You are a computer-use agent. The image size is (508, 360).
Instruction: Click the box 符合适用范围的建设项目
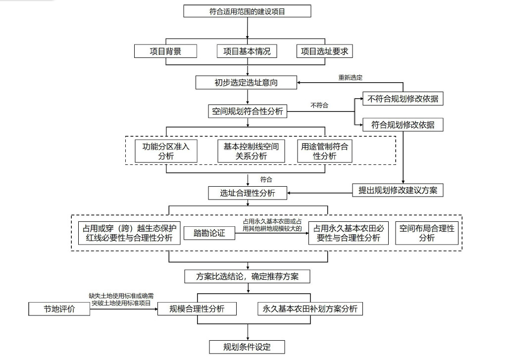point(247,11)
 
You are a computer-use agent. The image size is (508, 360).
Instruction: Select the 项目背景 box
point(165,51)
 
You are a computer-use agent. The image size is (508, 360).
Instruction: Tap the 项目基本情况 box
point(247,51)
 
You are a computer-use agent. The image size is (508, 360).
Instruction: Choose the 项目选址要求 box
point(324,51)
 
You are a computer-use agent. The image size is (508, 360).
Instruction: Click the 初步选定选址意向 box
point(246,83)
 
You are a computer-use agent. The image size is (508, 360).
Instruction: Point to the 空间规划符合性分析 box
point(247,111)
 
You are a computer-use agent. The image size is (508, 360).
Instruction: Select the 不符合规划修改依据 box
point(403,99)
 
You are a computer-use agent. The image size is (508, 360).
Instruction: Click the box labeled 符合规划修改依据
point(403,125)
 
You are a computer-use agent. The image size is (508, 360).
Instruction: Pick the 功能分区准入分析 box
point(166,151)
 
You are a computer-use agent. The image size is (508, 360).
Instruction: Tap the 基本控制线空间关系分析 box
point(251,151)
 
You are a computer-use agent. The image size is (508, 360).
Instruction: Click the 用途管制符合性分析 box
point(324,151)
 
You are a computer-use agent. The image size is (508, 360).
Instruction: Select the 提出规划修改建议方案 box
point(398,190)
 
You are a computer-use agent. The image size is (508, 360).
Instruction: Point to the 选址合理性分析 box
point(247,193)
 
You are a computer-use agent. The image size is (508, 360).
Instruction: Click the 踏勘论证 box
point(209,233)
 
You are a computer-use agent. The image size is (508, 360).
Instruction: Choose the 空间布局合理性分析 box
point(426,233)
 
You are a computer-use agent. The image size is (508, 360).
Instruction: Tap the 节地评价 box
point(59,309)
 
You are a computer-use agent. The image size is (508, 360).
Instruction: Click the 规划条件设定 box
point(247,347)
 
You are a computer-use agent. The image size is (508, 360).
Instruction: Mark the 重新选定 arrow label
point(350,77)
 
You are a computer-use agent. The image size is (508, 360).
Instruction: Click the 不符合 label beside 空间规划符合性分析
point(319,105)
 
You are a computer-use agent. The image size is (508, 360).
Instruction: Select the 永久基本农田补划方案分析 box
point(310,309)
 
